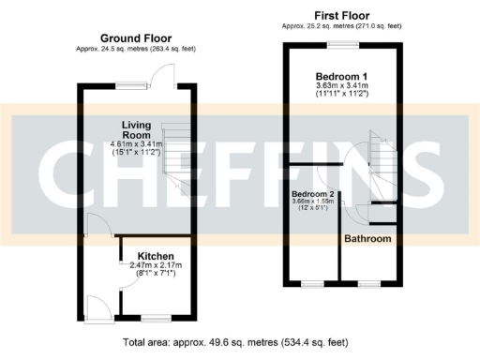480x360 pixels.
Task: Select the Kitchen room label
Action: (154, 255)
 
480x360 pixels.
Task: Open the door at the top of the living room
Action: (164, 75)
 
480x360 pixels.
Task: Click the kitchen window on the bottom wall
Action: (149, 319)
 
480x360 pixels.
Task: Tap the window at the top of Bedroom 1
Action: (343, 43)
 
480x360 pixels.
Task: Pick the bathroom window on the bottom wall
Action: (368, 283)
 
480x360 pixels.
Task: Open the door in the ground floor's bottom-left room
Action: (96, 306)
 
